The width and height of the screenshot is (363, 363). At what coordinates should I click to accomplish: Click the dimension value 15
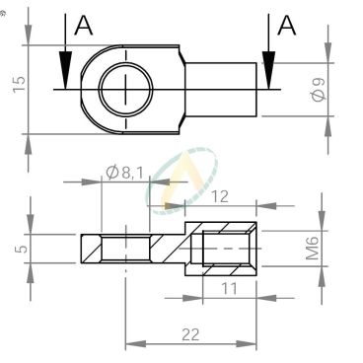[17, 85]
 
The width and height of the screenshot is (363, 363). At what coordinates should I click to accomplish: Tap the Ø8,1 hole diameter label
[124, 175]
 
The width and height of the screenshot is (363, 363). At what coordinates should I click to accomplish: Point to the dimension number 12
[220, 196]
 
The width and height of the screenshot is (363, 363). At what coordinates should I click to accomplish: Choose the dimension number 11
[229, 290]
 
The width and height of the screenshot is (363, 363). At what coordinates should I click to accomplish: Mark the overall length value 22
[191, 335]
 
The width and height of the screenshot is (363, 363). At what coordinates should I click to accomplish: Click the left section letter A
[83, 26]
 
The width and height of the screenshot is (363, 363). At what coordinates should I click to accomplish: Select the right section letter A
[286, 26]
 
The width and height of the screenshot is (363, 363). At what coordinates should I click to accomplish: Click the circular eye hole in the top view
[126, 86]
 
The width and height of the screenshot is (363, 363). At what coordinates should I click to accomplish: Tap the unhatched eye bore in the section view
[126, 248]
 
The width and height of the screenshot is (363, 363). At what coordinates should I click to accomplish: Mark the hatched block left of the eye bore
[92, 248]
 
